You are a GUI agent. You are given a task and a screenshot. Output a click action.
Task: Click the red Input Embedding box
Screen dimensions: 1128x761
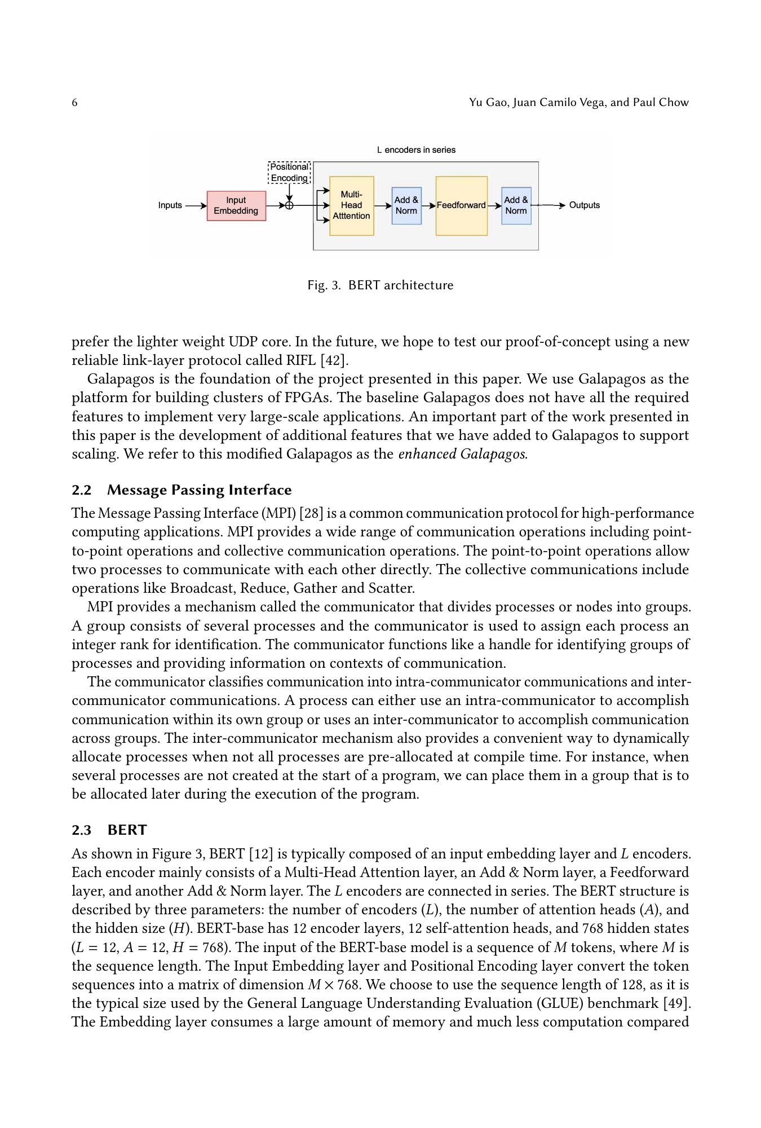tap(236, 206)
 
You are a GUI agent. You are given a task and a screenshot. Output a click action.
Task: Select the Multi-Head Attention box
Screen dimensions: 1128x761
tap(351, 206)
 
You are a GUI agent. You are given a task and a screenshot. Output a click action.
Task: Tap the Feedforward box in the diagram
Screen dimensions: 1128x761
tap(461, 206)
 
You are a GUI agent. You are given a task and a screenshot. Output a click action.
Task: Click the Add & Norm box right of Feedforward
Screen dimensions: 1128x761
tap(516, 206)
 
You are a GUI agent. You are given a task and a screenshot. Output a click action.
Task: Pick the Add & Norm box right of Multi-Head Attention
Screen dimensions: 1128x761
tap(406, 206)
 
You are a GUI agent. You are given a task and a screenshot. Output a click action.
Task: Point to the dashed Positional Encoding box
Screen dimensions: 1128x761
tap(289, 173)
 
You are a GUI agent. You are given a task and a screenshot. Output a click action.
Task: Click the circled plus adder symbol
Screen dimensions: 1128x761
tap(289, 206)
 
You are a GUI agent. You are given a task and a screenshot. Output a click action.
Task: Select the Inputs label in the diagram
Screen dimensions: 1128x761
tap(170, 205)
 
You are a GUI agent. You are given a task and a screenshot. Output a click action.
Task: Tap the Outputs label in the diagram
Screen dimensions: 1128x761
tap(584, 205)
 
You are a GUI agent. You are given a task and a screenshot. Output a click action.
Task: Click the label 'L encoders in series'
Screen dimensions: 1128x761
tap(416, 150)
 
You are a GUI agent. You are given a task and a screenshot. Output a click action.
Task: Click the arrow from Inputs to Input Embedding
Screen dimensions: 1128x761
tap(196, 206)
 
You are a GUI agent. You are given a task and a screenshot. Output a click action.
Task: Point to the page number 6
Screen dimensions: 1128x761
tap(74, 103)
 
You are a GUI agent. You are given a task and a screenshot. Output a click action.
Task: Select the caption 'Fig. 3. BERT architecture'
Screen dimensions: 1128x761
tap(380, 285)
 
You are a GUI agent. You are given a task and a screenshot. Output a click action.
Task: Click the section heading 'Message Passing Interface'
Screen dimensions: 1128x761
tap(199, 490)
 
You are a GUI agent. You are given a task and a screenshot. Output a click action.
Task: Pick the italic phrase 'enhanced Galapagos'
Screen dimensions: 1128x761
tap(462, 455)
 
